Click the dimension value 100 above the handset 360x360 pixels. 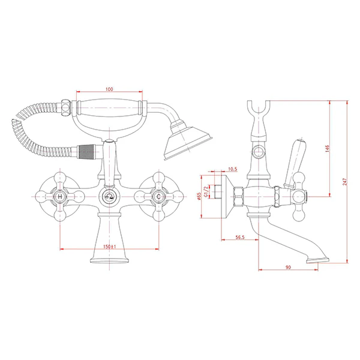click(109, 89)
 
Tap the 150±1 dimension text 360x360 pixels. click(110, 247)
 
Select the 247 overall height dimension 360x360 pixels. click(345, 182)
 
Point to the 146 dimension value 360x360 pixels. click(327, 149)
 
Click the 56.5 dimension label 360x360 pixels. click(240, 237)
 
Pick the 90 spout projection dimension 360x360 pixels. click(288, 267)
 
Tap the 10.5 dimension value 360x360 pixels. click(233, 169)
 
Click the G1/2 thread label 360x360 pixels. click(206, 191)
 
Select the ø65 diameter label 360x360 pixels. click(199, 196)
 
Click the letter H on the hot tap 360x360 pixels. click(60, 197)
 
